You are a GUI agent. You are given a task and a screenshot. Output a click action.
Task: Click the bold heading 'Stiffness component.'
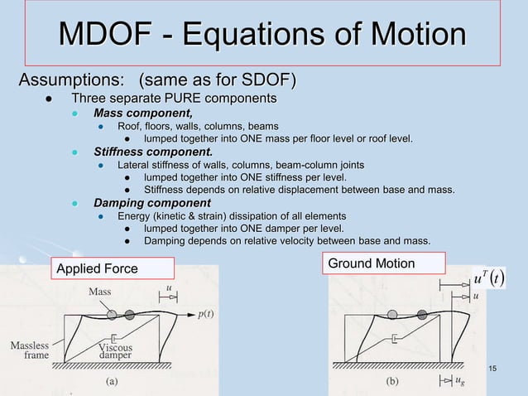point(153,152)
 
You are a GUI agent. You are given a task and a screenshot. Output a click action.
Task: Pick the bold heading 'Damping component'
point(151,203)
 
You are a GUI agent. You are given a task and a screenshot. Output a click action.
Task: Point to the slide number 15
point(493,368)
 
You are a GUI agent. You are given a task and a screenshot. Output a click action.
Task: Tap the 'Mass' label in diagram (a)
point(102,292)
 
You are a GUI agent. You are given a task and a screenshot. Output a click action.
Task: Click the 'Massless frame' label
point(30,350)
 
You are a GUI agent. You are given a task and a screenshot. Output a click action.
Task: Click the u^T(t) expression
point(487,277)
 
